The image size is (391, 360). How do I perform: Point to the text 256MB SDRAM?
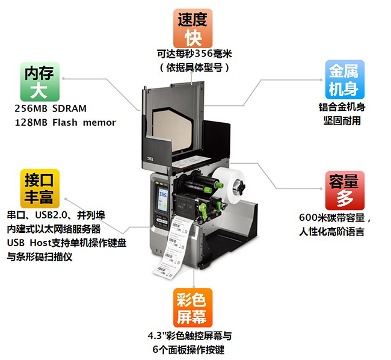pyautogui.click(x=51, y=109)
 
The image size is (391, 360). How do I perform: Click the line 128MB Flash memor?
pyautogui.click(x=65, y=122)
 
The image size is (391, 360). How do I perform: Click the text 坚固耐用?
pyautogui.click(x=342, y=120)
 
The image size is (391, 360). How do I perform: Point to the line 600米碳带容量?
pyautogui.click(x=337, y=218)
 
